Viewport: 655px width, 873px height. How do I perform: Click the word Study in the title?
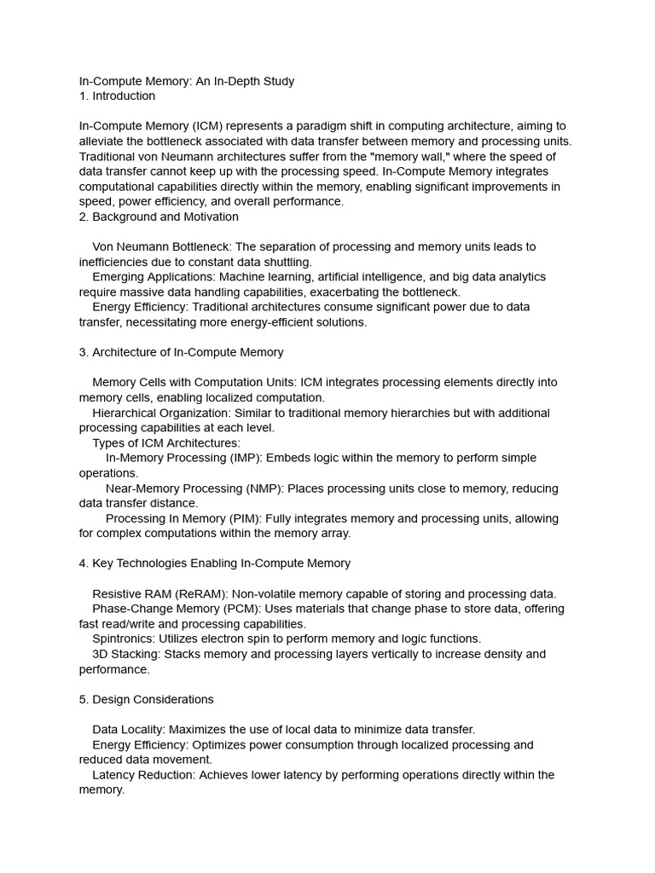277,81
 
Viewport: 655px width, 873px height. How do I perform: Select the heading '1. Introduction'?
117,96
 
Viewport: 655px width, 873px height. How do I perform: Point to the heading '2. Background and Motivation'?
159,217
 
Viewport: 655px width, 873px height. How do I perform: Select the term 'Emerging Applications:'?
154,277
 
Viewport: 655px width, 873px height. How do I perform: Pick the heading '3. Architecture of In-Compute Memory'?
181,352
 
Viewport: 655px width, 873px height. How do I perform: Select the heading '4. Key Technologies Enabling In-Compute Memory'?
214,564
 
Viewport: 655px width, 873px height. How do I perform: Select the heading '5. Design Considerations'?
146,700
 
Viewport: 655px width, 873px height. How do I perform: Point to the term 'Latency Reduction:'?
143,775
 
